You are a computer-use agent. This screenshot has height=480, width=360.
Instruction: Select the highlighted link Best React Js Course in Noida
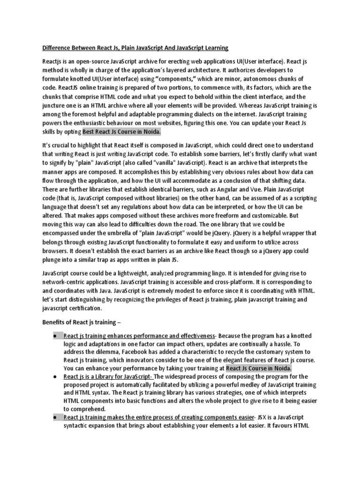tap(121, 132)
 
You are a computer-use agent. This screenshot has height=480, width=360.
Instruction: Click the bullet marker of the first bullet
tap(55, 336)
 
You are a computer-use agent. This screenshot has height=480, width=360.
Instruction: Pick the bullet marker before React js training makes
tap(55, 417)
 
